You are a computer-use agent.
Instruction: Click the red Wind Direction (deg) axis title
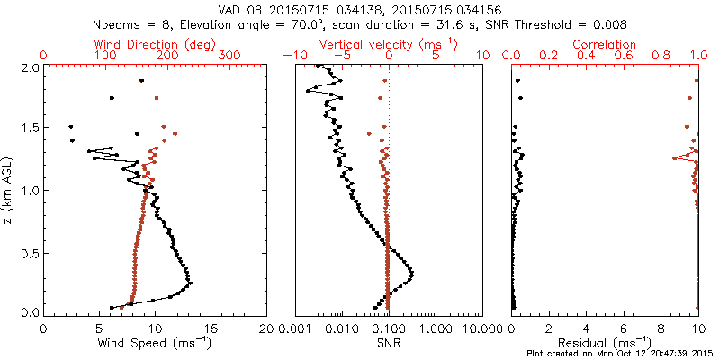155,44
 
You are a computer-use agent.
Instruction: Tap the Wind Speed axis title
156,343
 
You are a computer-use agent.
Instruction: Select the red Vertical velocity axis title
388,44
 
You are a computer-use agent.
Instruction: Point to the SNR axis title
388,343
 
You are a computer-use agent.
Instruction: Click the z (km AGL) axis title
10,190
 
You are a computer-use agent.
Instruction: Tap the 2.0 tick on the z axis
30,67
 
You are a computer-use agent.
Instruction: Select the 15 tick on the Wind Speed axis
211,328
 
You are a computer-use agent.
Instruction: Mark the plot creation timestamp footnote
621,354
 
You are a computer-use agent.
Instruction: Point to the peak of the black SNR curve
412,273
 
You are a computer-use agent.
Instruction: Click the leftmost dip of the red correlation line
673,158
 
